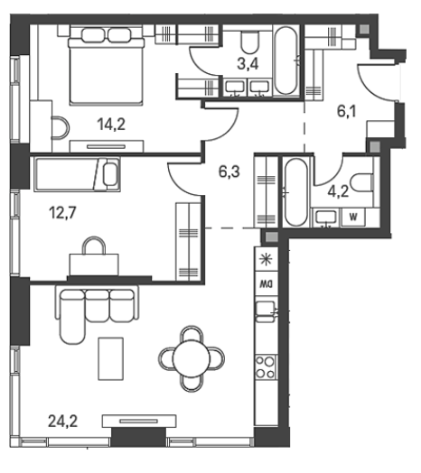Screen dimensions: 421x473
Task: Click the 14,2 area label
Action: tap(111, 125)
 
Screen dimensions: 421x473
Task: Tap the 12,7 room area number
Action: tap(62, 213)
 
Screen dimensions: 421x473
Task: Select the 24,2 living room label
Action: tap(63, 422)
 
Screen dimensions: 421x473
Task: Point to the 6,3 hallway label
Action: tap(229, 172)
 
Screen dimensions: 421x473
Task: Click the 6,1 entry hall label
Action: tap(346, 111)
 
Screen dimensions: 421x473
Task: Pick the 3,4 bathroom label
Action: tap(248, 64)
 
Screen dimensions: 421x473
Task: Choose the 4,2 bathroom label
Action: tap(338, 191)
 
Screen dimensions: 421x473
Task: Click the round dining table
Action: tap(192, 359)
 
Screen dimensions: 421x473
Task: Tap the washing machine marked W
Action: tap(353, 218)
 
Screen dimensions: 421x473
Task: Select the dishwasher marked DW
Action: tap(267, 283)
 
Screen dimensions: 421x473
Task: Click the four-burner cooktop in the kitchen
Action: tap(266, 367)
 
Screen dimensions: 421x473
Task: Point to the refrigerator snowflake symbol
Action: tap(267, 260)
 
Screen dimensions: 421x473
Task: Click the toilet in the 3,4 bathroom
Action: tap(250, 42)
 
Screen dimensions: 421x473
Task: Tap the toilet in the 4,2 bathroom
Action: tap(361, 182)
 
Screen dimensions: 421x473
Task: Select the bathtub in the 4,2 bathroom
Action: tap(296, 192)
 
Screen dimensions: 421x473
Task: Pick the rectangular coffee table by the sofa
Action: tap(111, 358)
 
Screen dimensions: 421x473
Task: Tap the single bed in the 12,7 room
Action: tap(78, 174)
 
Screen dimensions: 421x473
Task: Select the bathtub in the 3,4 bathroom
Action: tap(285, 60)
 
